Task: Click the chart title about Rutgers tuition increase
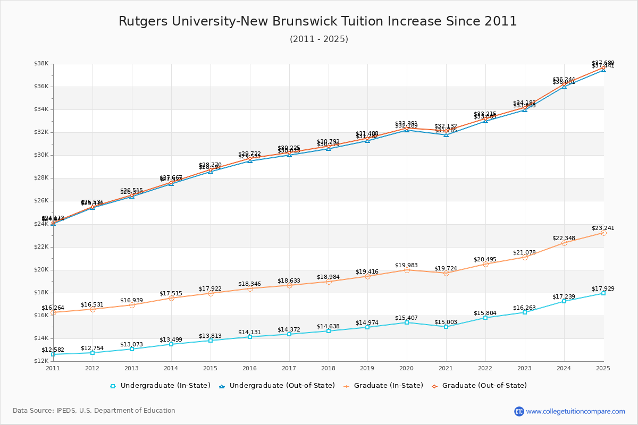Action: [318, 21]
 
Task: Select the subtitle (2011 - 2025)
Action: [319, 39]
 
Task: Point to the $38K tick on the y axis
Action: [41, 64]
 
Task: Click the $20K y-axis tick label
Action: [41, 270]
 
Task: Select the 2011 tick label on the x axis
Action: [53, 368]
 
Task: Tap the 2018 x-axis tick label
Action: [328, 368]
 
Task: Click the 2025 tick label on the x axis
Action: [603, 368]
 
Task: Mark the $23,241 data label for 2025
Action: [603, 228]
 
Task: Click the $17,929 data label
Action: [603, 289]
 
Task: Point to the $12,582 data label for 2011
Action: [53, 350]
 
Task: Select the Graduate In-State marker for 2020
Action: [407, 270]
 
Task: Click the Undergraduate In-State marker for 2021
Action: [446, 327]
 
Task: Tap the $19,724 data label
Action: [446, 269]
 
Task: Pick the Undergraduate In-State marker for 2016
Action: [250, 337]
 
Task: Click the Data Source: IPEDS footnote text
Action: [94, 411]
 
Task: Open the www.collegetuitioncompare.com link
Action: [575, 411]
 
